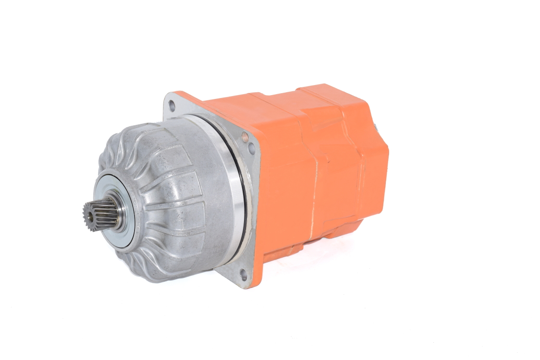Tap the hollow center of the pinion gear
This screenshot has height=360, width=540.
click(x=90, y=215)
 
